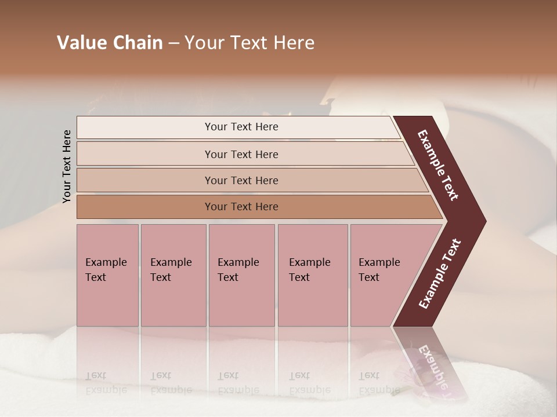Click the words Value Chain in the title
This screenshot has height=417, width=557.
coord(110,43)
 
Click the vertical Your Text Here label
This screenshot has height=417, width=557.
coord(67,166)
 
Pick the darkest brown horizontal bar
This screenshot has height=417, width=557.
coord(145,207)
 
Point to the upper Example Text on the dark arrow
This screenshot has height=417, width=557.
coord(438,166)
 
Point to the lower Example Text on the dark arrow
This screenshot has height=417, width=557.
coord(440,274)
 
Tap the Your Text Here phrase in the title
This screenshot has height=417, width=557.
coord(249,43)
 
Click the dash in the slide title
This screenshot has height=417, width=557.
coord(173,43)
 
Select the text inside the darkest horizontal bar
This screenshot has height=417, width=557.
coord(241,207)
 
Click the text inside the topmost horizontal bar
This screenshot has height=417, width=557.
coord(241,127)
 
